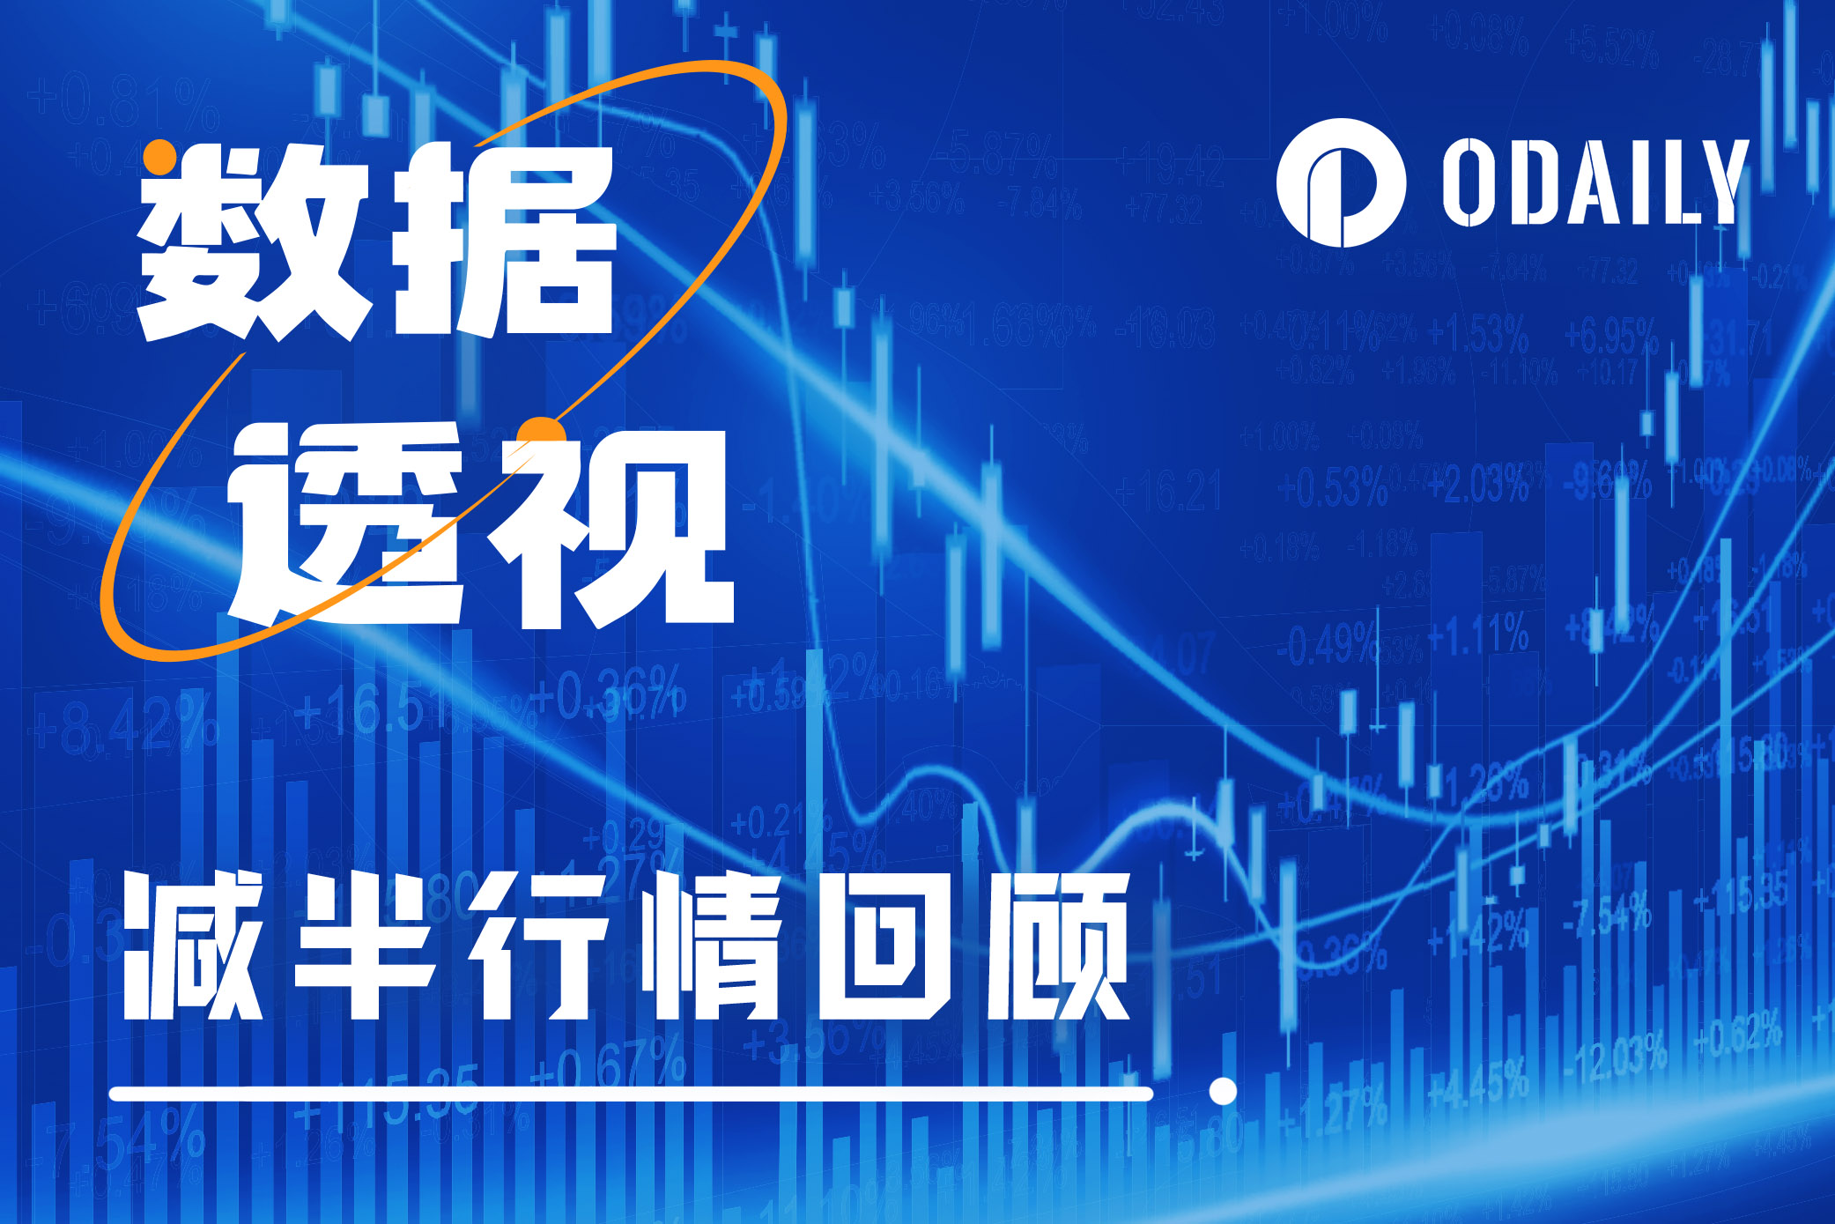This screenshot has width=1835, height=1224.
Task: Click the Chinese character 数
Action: (251, 242)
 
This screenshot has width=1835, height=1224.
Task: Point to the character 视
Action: (617, 529)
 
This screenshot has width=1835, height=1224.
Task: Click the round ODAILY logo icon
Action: (1339, 182)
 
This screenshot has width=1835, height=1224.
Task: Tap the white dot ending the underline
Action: (1223, 1091)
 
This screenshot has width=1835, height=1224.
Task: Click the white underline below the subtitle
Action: (630, 1094)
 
